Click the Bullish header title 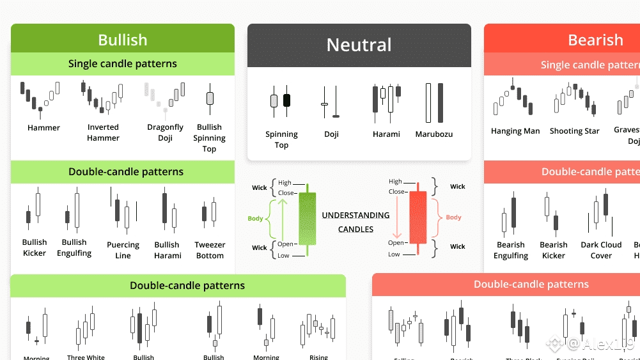coord(122,40)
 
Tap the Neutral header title coord(359,45)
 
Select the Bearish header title coord(595,40)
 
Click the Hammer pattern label coord(43,128)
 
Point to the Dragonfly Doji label coord(165,132)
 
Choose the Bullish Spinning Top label coord(209,138)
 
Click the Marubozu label coord(433,134)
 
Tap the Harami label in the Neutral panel coord(386,134)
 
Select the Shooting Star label coord(574,131)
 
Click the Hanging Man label coord(515,131)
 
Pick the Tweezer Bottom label coord(210,250)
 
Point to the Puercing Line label coord(123,250)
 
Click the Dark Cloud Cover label coord(601,250)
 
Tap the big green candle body coord(307,217)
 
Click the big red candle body coord(418,217)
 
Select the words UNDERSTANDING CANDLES coord(355,222)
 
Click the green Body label coord(255,219)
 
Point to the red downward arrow coord(396,217)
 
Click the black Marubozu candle coord(440,103)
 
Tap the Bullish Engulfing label coord(74,247)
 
